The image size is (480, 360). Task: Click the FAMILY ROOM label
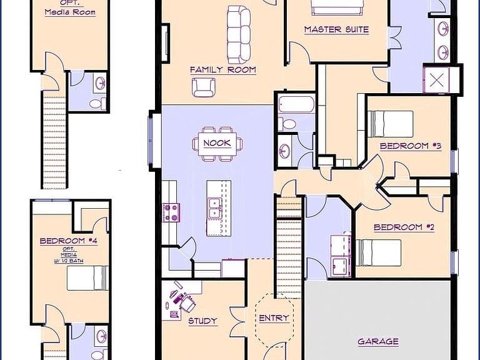[223, 70]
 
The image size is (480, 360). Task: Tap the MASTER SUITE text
[336, 29]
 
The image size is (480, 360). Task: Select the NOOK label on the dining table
[217, 143]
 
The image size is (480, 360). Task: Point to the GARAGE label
[378, 341]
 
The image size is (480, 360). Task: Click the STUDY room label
[202, 321]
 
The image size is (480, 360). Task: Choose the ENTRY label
[274, 318]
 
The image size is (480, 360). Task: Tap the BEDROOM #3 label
[411, 146]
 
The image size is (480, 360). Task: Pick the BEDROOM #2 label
[404, 227]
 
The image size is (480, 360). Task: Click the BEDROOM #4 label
[69, 241]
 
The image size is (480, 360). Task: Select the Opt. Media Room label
[70, 9]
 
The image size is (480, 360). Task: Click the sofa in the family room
[239, 35]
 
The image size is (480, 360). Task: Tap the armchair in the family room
[203, 87]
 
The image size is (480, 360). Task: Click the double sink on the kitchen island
[214, 209]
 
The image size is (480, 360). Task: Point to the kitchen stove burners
[171, 212]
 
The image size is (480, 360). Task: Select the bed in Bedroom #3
[390, 124]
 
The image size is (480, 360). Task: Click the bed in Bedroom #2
[378, 253]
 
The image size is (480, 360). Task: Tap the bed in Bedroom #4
[88, 278]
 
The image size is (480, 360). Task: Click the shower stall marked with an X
[436, 80]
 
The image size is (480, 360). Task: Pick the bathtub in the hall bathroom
[296, 105]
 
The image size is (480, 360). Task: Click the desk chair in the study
[187, 302]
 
